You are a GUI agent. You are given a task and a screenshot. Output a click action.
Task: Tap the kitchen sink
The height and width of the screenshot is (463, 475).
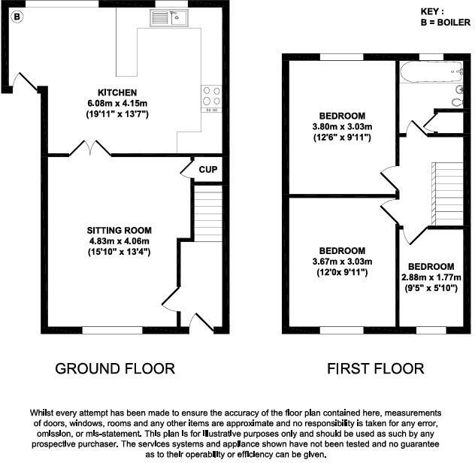click(x=179, y=17)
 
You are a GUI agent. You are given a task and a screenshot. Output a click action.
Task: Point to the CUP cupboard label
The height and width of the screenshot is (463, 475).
click(x=207, y=170)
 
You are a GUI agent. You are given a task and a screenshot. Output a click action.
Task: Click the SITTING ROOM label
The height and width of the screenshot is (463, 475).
click(x=120, y=230)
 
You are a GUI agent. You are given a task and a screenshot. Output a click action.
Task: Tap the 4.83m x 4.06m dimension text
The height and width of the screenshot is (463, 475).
click(x=120, y=241)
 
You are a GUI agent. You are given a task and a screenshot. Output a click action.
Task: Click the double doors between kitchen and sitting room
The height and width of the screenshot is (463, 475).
click(x=89, y=149)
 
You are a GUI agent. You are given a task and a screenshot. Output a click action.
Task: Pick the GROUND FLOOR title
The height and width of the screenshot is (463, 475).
click(x=115, y=368)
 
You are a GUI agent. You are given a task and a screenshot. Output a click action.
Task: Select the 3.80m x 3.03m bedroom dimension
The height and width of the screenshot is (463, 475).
click(x=343, y=126)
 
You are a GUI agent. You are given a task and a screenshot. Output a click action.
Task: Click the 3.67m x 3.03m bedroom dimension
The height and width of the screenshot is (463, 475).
click(x=342, y=262)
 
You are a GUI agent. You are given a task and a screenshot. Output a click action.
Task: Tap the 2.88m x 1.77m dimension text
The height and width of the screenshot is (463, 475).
click(x=431, y=277)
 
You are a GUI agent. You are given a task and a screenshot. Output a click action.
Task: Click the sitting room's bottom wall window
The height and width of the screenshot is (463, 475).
click(x=112, y=328)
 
